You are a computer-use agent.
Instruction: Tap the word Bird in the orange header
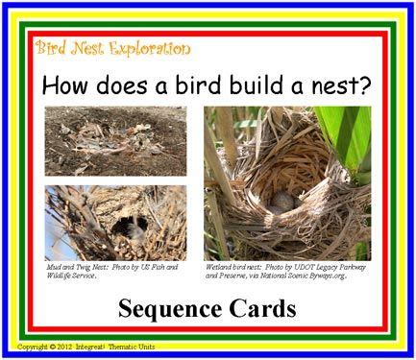(49, 47)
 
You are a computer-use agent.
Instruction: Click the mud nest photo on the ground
(115, 140)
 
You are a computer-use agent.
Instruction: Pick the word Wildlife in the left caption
(63, 276)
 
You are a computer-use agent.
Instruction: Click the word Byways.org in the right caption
(323, 276)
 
